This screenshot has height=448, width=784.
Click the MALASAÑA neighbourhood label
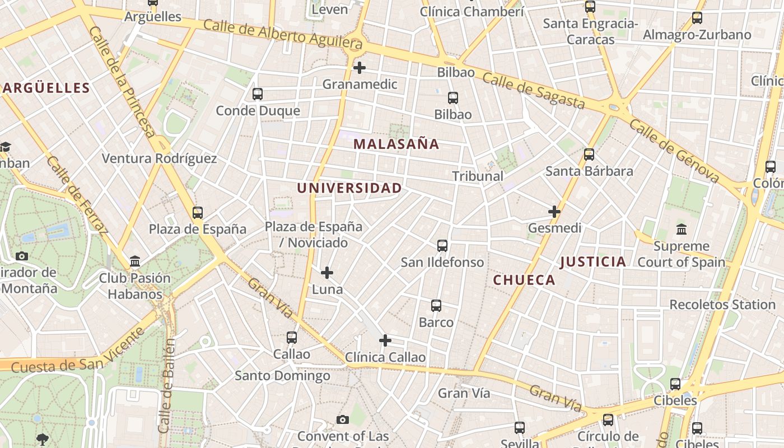click(x=396, y=144)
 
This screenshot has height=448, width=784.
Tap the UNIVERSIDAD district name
click(x=349, y=188)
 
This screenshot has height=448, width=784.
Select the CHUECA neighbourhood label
click(x=524, y=280)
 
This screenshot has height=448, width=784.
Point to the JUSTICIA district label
click(x=592, y=262)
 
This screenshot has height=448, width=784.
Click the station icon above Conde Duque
click(x=258, y=94)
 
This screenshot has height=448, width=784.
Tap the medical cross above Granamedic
click(x=360, y=68)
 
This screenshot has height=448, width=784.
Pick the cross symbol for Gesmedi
click(x=554, y=212)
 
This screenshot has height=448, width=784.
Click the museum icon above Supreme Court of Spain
click(x=682, y=229)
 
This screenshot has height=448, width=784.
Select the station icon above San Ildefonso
click(x=442, y=245)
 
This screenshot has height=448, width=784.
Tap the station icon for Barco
click(x=436, y=306)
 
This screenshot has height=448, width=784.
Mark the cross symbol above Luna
click(x=327, y=273)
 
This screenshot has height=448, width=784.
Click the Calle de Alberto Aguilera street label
click(x=283, y=34)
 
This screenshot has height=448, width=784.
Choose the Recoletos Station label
click(x=722, y=305)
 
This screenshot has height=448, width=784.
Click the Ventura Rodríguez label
click(x=159, y=158)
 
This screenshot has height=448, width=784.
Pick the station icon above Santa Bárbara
click(x=589, y=154)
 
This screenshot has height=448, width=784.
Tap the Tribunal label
click(x=478, y=176)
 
